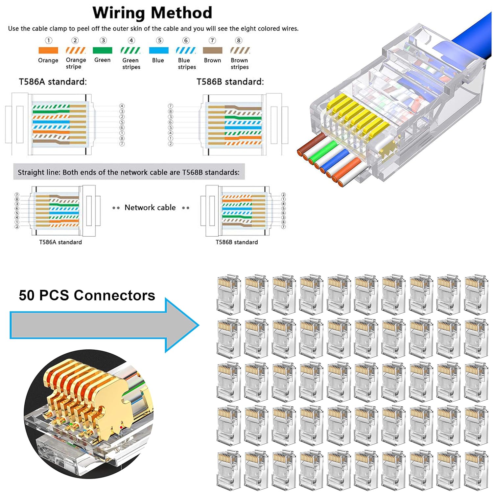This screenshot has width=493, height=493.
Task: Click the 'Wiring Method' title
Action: [152, 13]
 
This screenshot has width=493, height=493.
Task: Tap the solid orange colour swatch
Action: [48, 50]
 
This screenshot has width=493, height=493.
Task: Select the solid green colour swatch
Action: [102, 50]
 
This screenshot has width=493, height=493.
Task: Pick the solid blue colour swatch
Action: [158, 50]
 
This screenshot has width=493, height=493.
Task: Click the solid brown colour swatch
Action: [212, 50]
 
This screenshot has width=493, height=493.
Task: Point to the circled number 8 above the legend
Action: [239, 40]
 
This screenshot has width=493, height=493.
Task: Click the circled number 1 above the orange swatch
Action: [48, 40]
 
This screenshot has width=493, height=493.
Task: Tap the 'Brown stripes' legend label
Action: [239, 63]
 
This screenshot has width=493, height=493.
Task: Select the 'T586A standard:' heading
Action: [53, 82]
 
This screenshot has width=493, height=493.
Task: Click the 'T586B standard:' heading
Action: [230, 82]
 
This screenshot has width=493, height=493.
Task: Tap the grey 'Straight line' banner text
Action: [129, 172]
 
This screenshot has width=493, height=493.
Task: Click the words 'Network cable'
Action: [150, 208]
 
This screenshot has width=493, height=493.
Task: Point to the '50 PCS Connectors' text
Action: [87, 295]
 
